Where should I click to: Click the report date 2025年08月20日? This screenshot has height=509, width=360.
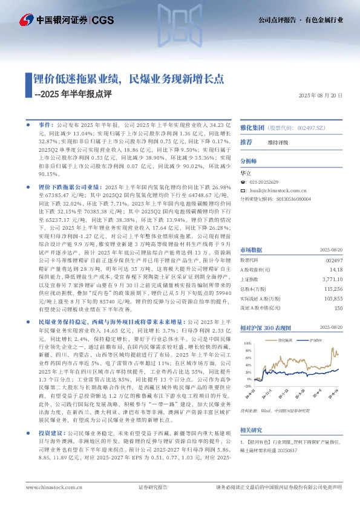[321, 96]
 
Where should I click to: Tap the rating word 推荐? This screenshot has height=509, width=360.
[246, 141]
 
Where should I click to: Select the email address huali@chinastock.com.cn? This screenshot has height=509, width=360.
[278, 190]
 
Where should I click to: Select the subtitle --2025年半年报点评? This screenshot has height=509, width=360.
[73, 94]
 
